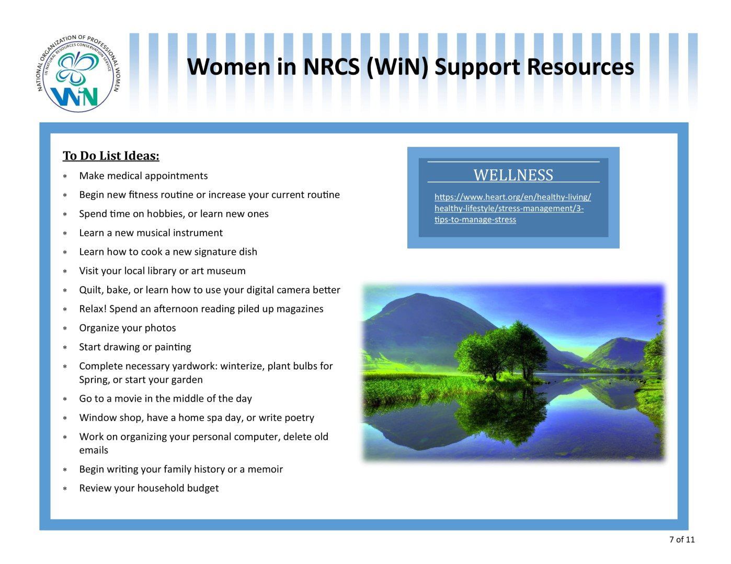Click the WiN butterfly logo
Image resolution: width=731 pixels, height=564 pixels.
[78, 73]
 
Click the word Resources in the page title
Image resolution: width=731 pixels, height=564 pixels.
[580, 66]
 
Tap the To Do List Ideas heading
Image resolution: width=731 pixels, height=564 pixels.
[111, 156]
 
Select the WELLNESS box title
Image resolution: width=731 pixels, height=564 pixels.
[513, 175]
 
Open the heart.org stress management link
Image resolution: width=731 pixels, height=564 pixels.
[512, 208]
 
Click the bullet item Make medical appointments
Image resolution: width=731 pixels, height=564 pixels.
[143, 176]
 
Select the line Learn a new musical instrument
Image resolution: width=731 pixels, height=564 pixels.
[151, 233]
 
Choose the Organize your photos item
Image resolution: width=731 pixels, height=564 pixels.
[128, 328]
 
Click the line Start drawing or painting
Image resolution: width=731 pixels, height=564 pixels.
[135, 347]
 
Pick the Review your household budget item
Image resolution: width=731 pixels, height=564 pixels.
[149, 488]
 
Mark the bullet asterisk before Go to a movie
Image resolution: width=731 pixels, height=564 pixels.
[65, 399]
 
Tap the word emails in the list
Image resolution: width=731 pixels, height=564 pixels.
[94, 450]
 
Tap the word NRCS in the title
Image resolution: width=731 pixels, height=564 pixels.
[332, 66]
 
